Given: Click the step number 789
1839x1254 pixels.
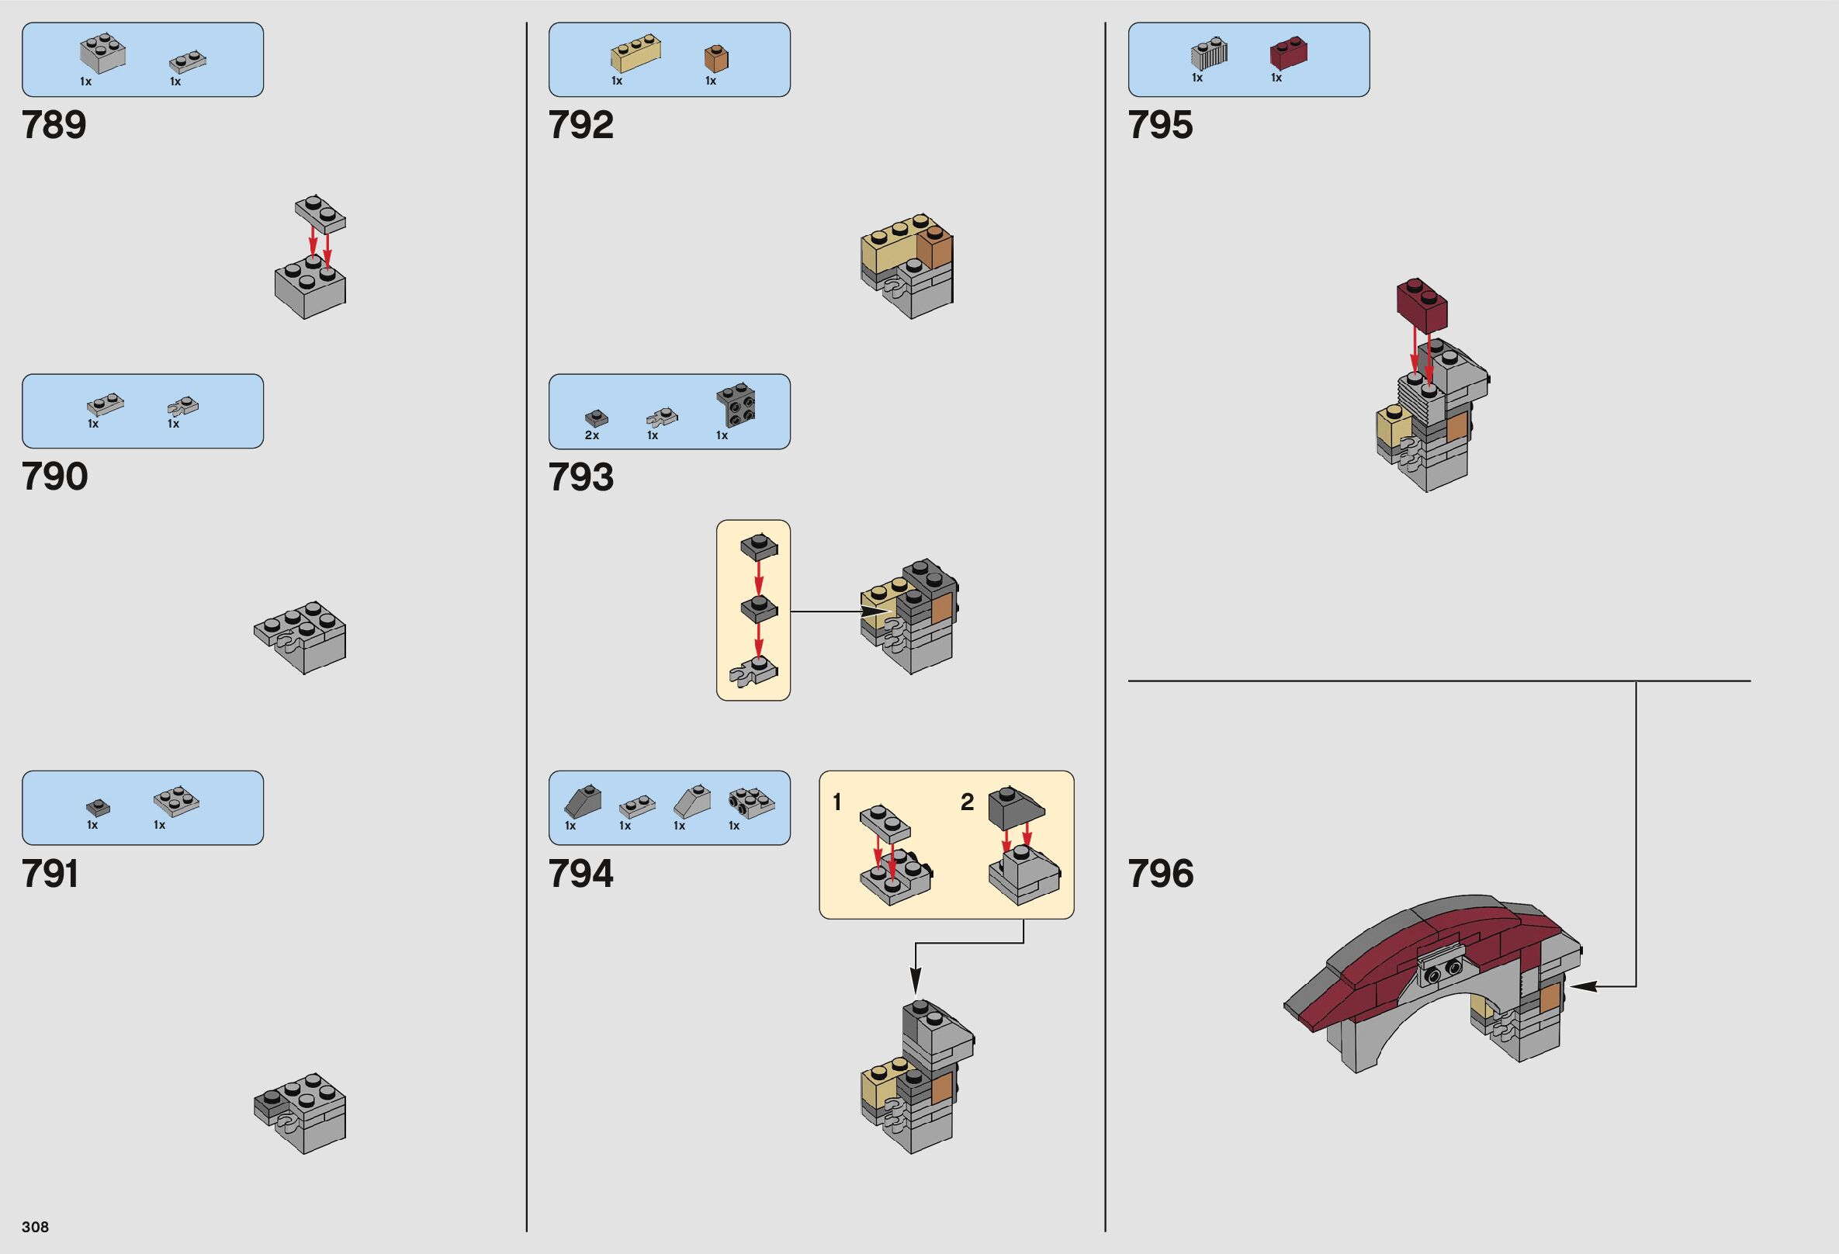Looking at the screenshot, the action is pos(54,125).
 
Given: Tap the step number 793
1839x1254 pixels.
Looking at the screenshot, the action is pos(581,477).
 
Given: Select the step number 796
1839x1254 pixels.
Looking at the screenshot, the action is pos(1160,874).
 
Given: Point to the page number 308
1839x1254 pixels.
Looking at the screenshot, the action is pos(36,1226).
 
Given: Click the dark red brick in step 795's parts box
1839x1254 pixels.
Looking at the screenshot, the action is pos(1287,52).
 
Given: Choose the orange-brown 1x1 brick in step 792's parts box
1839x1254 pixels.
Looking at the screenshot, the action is pos(716,58).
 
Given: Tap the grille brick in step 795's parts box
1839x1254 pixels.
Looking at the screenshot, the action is pos(1209,53).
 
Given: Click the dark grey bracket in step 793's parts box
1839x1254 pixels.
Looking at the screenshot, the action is pos(735,405).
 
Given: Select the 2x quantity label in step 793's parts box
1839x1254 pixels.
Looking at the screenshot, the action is pos(592,435).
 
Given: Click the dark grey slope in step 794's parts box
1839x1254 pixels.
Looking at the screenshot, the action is pos(583,802).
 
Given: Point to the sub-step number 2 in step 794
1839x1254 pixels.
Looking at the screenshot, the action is pos(967,802).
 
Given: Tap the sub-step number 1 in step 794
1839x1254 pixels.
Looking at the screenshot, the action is pos(837,802).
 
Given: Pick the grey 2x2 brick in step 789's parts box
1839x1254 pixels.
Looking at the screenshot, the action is pos(103,52).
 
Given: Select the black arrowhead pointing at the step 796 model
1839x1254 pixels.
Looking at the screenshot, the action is pos(1578,986).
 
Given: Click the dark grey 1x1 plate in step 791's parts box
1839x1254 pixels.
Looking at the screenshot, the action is pos(98,807).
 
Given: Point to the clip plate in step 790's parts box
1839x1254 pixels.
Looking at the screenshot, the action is pos(183,407).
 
